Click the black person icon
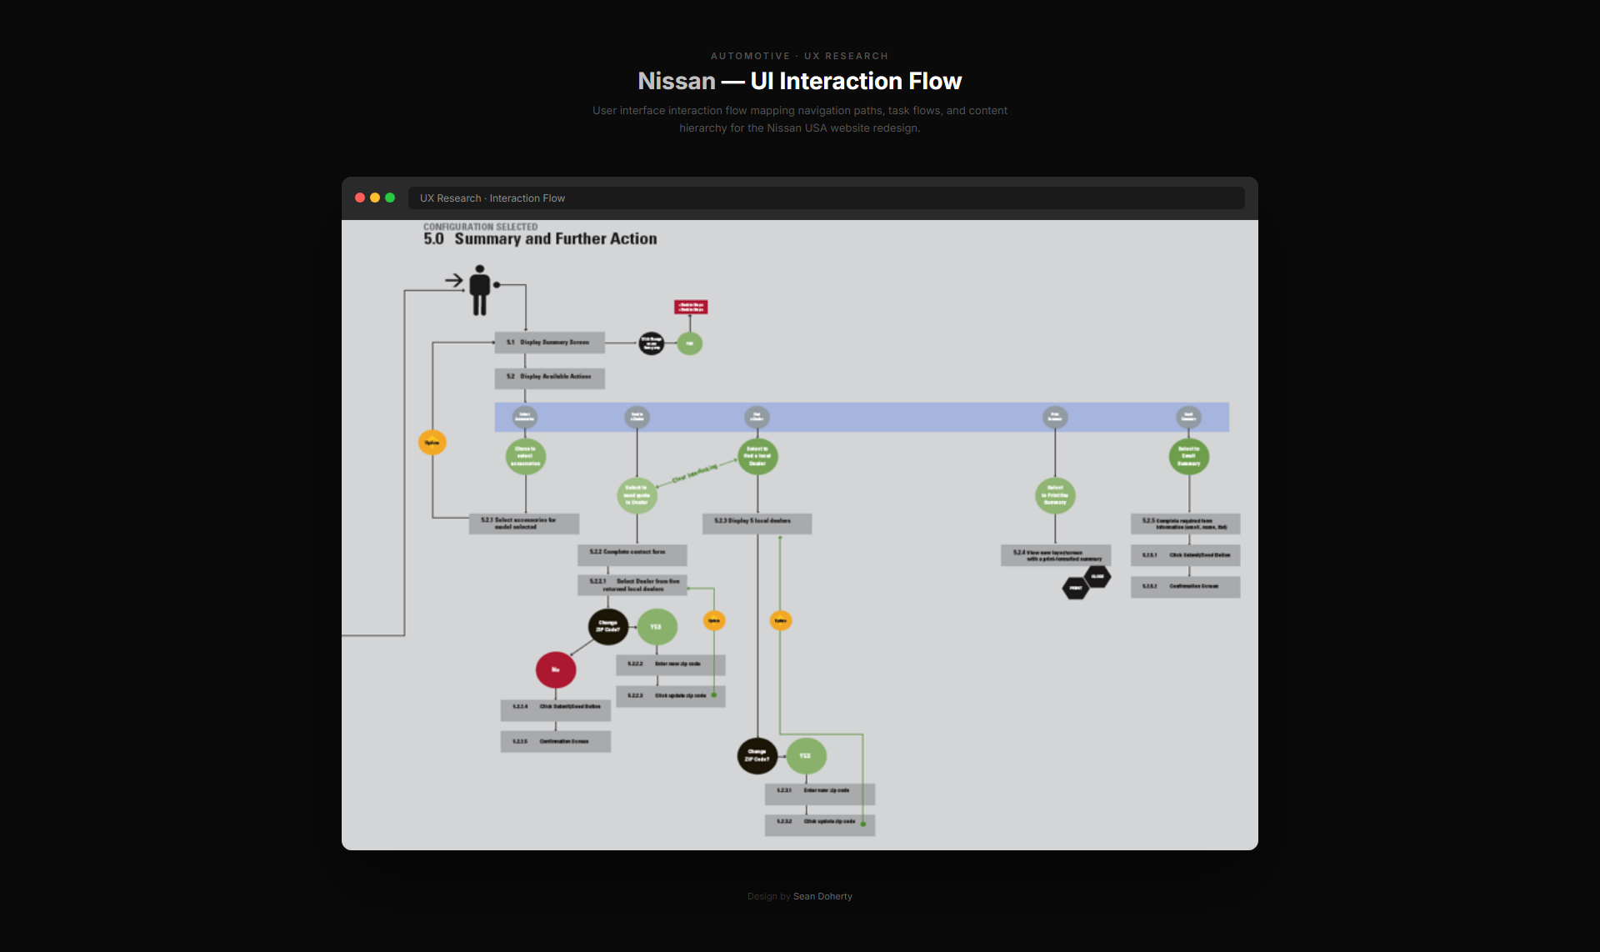coord(479,290)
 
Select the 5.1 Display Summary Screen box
coord(549,343)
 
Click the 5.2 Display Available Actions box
coord(549,377)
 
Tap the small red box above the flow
coord(691,307)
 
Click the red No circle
coord(556,669)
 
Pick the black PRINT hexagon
coord(1075,589)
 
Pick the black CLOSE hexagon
coord(1097,576)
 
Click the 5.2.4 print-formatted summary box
coord(1055,555)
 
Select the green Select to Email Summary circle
coord(1188,457)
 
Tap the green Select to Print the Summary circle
coord(1055,495)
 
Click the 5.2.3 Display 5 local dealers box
coord(757,522)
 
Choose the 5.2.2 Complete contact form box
coord(632,553)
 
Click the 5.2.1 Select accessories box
coord(523,524)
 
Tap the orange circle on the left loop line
coord(432,443)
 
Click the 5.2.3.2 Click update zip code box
coord(819,823)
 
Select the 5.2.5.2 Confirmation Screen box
coord(1185,587)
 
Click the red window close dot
coord(360,198)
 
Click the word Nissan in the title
coord(676,81)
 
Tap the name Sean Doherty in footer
coord(822,896)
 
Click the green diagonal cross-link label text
coord(694,473)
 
